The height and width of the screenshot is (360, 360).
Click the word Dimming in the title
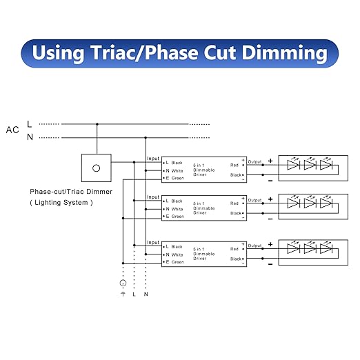285,53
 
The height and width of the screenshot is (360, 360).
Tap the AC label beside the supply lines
12,130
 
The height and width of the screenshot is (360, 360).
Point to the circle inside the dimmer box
97,168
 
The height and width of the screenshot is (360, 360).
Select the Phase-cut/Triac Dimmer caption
71,192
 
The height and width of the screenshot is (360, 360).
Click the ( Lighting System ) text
61,203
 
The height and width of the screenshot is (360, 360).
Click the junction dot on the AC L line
97,124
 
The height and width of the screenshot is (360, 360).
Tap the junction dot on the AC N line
146,138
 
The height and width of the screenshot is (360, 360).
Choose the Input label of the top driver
153,159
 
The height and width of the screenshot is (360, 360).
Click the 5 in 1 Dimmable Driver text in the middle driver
204,208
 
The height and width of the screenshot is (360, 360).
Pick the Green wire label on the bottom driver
178,262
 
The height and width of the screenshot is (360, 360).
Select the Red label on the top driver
234,165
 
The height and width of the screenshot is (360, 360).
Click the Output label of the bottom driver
254,246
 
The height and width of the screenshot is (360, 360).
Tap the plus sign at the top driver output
270,161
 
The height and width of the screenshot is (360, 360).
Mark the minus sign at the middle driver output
270,219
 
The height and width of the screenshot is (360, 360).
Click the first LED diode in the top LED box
294,165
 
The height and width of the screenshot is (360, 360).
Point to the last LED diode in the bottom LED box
326,249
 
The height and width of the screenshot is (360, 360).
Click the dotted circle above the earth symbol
123,283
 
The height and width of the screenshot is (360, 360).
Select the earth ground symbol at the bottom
123,294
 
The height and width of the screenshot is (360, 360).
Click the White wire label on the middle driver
177,209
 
